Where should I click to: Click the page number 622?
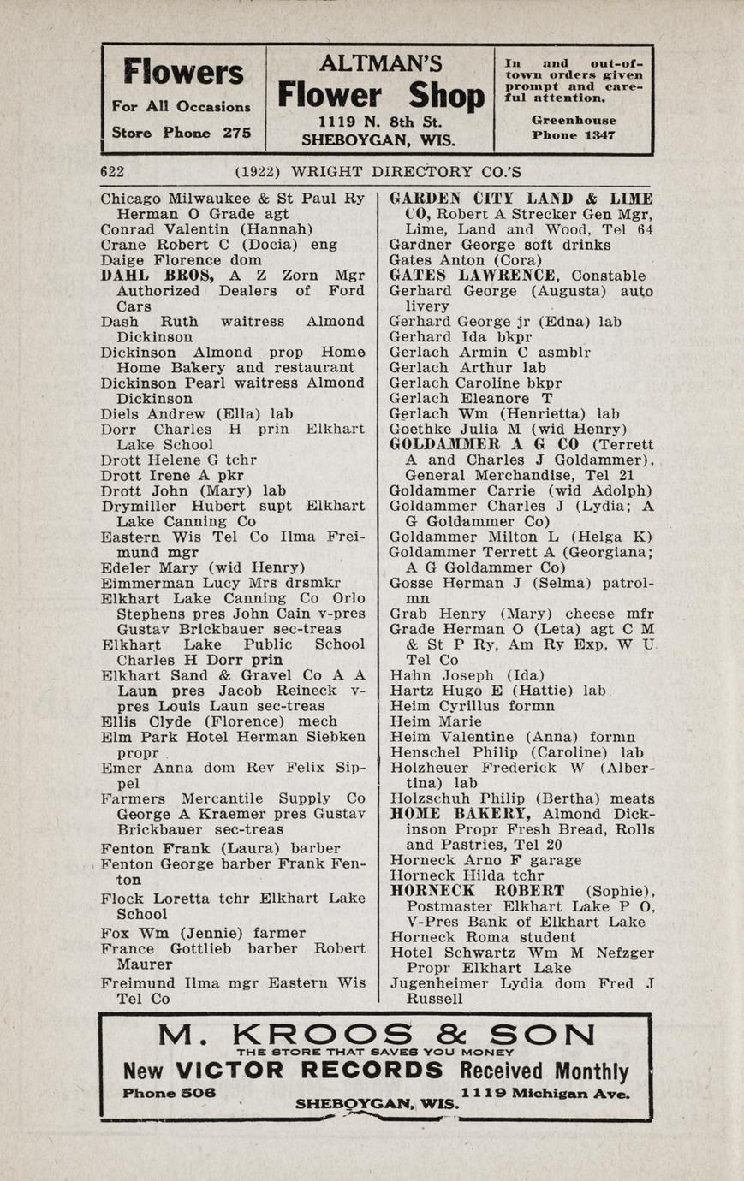112,171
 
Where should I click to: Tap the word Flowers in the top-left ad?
182,73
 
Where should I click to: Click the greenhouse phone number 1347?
598,135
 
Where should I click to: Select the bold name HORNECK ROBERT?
477,891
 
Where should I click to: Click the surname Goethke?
420,429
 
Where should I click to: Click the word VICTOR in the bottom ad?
229,1071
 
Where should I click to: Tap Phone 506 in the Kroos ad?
169,1093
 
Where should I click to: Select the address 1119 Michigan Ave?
545,1093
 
